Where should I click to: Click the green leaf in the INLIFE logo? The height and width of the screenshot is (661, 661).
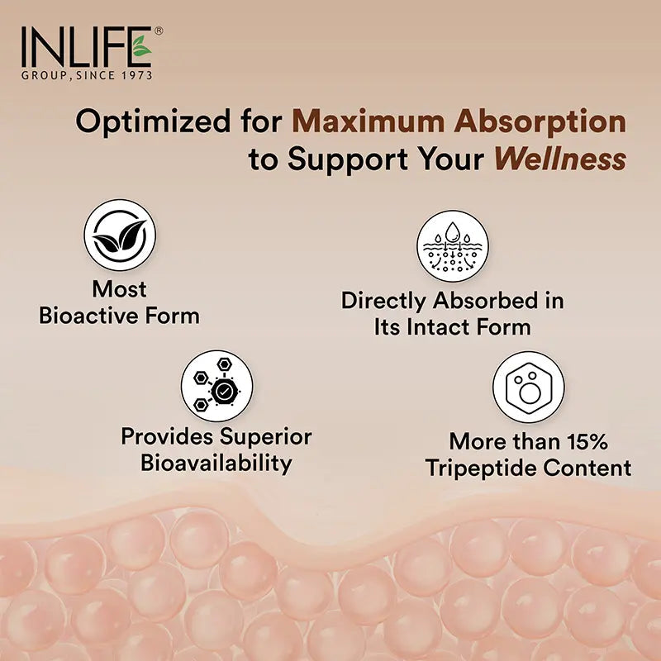(x=141, y=47)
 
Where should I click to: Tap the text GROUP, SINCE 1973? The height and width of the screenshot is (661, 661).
(x=87, y=74)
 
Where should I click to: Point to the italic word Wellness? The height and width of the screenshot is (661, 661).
(x=559, y=159)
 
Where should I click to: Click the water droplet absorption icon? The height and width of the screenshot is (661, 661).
(x=452, y=245)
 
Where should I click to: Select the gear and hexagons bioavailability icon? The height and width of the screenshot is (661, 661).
(x=216, y=386)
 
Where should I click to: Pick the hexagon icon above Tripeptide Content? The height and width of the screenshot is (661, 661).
(x=529, y=387)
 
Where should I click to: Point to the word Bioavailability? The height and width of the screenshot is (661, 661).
(x=216, y=463)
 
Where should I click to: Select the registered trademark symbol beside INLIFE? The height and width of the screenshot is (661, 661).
(x=159, y=31)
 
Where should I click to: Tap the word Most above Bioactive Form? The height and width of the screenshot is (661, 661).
(x=120, y=289)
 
